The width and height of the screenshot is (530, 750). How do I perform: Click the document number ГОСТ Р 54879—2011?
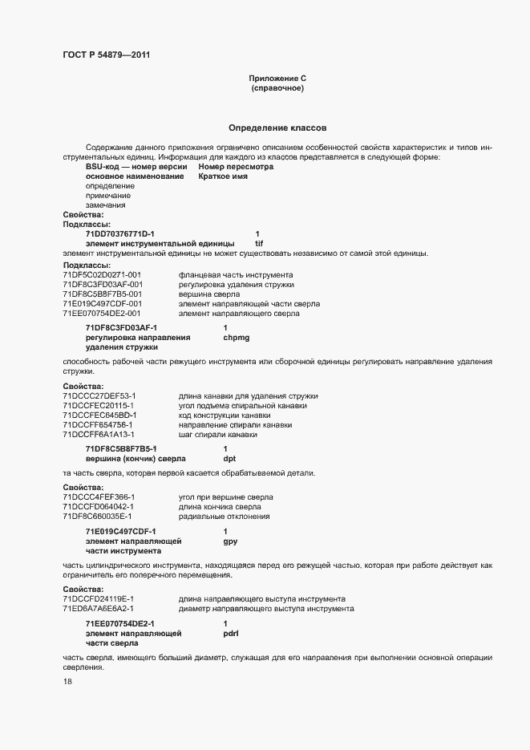106,55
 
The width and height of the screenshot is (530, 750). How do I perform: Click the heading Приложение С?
277,79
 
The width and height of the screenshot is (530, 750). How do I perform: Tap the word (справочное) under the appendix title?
277,88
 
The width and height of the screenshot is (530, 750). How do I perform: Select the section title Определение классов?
277,128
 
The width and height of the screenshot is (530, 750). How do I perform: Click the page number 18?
67,682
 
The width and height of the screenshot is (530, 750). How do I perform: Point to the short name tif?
259,243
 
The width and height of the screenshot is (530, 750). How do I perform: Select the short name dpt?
229,459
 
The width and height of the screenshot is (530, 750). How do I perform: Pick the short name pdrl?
231,634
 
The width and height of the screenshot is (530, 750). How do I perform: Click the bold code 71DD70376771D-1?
119,233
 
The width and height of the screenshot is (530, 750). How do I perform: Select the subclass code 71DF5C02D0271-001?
102,274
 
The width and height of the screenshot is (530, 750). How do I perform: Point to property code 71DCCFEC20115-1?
99,406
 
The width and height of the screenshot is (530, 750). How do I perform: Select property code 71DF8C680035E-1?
98,517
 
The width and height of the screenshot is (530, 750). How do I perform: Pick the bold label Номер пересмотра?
236,167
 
